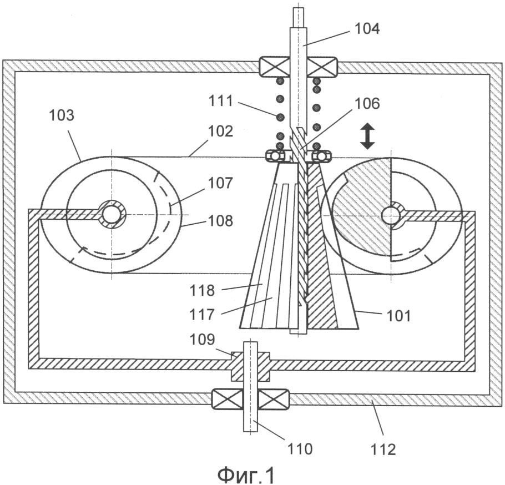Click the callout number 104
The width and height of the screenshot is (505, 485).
click(367, 29)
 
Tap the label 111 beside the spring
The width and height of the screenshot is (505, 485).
click(221, 101)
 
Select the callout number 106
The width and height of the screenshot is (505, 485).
click(367, 104)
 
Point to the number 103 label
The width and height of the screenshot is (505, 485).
click(61, 115)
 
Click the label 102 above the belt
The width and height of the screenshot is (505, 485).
click(220, 131)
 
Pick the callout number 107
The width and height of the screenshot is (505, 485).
click(220, 183)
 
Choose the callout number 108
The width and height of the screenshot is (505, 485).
click(220, 221)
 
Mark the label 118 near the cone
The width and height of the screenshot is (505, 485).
click(202, 290)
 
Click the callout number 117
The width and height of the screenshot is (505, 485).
click(202, 314)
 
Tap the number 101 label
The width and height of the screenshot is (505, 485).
click(398, 316)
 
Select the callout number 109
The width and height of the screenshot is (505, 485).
click(202, 340)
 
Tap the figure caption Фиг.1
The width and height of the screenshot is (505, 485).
click(246, 474)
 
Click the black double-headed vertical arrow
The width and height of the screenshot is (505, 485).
click(367, 137)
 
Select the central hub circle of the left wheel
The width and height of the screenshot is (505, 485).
click(112, 214)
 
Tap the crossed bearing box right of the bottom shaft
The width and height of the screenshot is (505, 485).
click(274, 399)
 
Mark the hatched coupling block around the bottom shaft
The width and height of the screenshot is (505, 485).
click(250, 366)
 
